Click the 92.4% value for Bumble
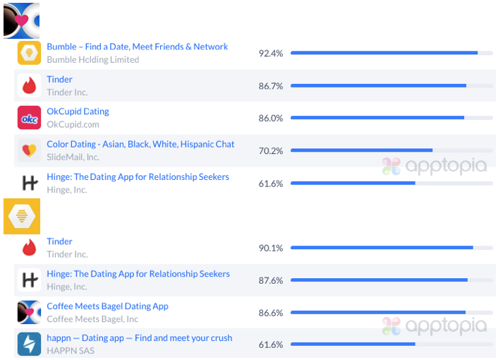(270, 54)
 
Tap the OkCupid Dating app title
(78, 112)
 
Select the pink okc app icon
(29, 118)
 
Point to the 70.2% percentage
(270, 151)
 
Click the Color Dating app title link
(140, 144)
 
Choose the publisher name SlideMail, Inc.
(73, 157)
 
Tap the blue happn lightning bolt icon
(29, 344)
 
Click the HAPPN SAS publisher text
(71, 351)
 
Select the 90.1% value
(270, 248)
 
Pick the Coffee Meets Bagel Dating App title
(107, 306)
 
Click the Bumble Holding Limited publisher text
(92, 60)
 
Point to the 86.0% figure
(270, 119)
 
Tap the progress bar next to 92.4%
(384, 53)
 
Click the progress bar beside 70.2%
(361, 150)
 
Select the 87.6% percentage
(270, 280)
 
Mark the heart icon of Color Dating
(29, 150)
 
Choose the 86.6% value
(270, 313)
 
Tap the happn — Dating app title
(139, 338)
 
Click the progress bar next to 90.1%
(381, 248)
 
